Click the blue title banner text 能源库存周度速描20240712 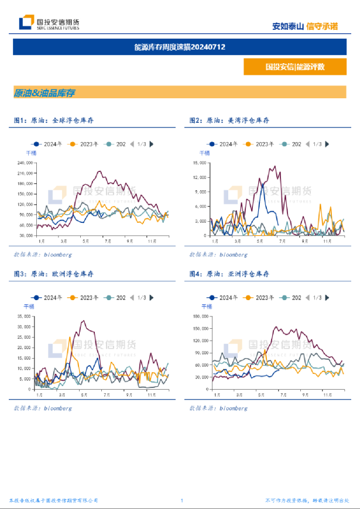pyautogui.click(x=180, y=47)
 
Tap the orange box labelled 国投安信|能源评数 pyautogui.click(x=294, y=67)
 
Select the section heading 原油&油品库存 pyautogui.click(x=44, y=93)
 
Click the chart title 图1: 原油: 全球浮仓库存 pyautogui.click(x=54, y=121)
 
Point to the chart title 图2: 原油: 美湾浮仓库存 pyautogui.click(x=229, y=121)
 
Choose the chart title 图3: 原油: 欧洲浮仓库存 pyautogui.click(x=54, y=274)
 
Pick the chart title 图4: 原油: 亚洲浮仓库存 pyautogui.click(x=229, y=274)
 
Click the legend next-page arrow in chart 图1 pyautogui.click(x=152, y=144)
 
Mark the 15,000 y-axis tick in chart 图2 pyautogui.click(x=200, y=162)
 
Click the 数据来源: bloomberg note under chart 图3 pyautogui.click(x=43, y=408)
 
